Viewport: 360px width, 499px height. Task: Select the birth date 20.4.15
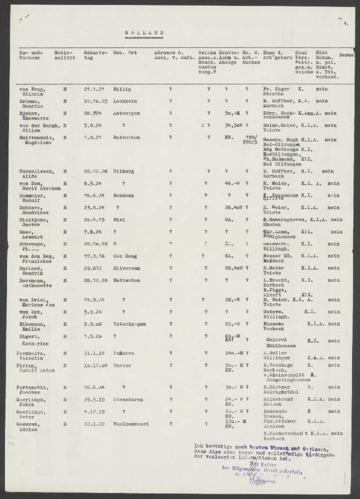94,220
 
